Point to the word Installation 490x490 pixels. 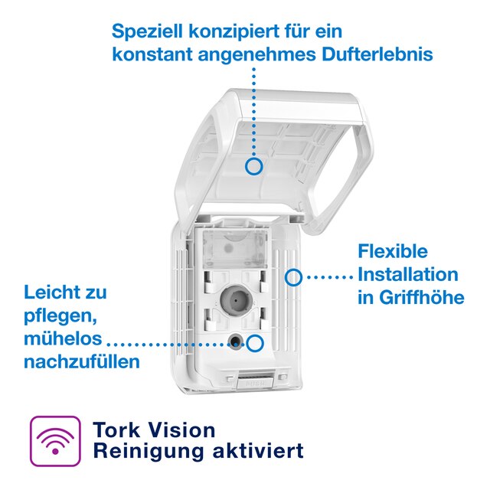(x=408, y=274)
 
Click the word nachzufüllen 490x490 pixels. (x=82, y=361)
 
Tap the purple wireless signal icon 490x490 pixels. (x=54, y=441)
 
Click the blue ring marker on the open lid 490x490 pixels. (x=255, y=165)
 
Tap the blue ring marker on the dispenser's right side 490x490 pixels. (x=292, y=276)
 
